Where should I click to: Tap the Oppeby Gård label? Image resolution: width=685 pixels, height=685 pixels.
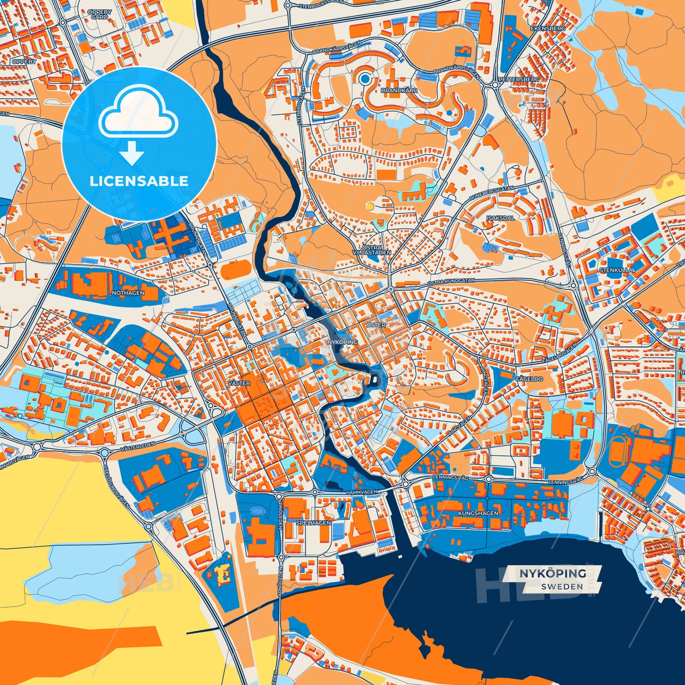(x=100, y=14)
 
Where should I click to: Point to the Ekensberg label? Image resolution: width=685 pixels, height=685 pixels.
(x=548, y=28)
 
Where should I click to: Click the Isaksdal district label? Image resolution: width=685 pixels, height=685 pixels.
(x=500, y=218)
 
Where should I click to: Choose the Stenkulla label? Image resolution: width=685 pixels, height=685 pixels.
(x=616, y=270)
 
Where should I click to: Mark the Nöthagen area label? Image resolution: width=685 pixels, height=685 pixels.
(x=128, y=293)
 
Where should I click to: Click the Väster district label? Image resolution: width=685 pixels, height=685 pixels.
(x=239, y=383)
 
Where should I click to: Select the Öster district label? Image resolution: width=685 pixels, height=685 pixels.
(x=376, y=325)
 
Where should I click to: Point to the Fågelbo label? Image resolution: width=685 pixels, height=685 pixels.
(x=529, y=379)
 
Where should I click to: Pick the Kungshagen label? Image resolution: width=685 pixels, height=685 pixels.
(x=478, y=513)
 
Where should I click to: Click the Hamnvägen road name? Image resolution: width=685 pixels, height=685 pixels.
(x=361, y=492)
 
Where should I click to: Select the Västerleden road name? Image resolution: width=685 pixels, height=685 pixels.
(x=138, y=447)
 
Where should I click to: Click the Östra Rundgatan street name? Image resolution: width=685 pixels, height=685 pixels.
(x=451, y=281)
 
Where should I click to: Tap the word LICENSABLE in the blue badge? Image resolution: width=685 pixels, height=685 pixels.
(x=139, y=181)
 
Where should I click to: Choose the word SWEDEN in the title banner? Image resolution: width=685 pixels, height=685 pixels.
(x=562, y=586)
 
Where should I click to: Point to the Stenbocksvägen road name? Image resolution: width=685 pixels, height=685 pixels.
(x=321, y=6)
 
